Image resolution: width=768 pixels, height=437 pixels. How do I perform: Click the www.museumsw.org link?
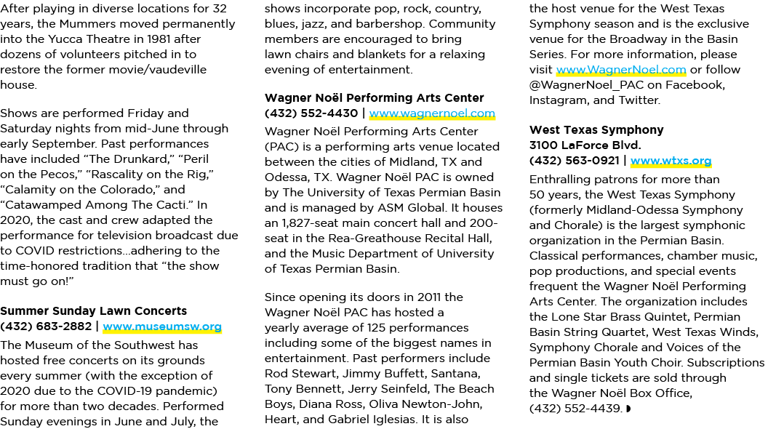[x=162, y=326]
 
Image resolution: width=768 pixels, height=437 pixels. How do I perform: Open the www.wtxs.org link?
[x=671, y=161]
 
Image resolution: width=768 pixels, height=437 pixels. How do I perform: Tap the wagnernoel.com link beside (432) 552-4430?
[x=432, y=113]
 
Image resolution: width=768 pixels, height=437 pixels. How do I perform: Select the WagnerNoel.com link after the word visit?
[x=621, y=70]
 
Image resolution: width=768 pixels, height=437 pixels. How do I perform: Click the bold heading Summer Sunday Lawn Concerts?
[x=94, y=311]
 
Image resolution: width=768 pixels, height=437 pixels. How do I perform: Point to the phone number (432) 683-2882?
[x=46, y=326]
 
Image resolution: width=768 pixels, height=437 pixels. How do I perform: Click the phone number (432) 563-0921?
[x=575, y=161]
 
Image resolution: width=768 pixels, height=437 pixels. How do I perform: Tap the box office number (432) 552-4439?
[x=575, y=409]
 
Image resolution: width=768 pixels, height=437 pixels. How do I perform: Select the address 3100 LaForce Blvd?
[x=585, y=145]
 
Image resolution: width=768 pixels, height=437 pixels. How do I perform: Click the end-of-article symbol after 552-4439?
[x=628, y=409]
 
